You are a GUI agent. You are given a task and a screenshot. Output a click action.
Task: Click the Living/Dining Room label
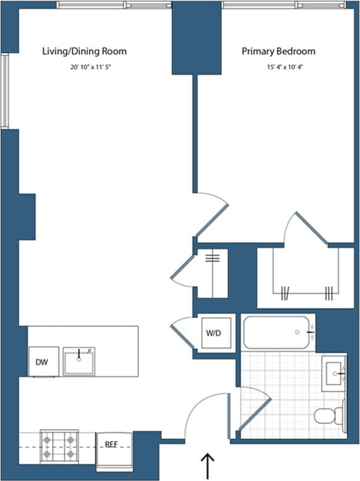pyautogui.click(x=84, y=51)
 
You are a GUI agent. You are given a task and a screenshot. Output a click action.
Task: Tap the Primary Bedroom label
pyautogui.click(x=278, y=51)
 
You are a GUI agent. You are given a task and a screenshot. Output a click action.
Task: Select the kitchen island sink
pyautogui.click(x=79, y=361)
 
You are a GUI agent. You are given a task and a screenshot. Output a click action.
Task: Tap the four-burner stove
pyautogui.click(x=58, y=446)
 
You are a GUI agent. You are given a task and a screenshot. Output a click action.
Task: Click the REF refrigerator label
pyautogui.click(x=113, y=444)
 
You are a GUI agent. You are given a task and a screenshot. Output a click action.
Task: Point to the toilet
pyautogui.click(x=329, y=415)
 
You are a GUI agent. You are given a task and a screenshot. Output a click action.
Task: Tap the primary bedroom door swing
pyautogui.click(x=212, y=214)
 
